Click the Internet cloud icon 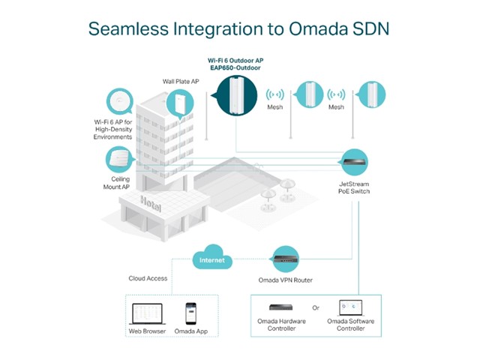(x=211, y=259)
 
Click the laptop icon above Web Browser (x=146, y=313)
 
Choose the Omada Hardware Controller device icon (x=286, y=307)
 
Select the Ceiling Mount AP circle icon (x=118, y=159)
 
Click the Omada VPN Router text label (x=286, y=280)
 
